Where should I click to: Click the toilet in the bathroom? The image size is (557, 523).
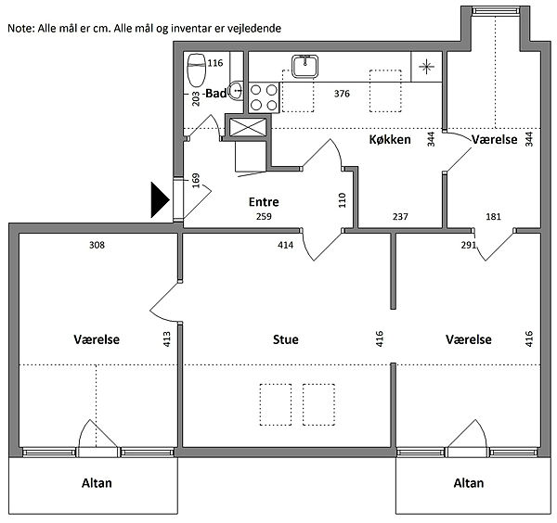(197, 70)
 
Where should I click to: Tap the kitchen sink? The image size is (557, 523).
(304, 67)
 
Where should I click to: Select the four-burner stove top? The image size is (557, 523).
(264, 97)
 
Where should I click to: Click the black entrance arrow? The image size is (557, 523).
(161, 199)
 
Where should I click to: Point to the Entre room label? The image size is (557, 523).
(264, 202)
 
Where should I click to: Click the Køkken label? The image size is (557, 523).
(390, 139)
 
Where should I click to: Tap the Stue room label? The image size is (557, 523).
(286, 339)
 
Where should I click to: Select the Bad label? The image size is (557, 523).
(216, 94)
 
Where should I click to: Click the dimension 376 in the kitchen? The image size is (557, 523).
(342, 94)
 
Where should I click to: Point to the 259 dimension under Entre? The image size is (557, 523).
(264, 216)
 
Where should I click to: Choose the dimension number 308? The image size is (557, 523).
(97, 245)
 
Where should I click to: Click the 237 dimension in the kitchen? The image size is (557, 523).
(400, 216)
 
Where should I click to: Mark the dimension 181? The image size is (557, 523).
(493, 216)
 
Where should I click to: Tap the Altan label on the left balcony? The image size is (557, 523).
(97, 483)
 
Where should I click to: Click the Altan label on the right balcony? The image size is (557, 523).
(469, 483)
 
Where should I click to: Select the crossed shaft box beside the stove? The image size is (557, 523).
(248, 127)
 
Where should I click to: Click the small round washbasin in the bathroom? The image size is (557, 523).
(236, 91)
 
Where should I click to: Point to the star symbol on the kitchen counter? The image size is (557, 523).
(426, 67)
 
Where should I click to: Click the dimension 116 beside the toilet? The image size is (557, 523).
(215, 63)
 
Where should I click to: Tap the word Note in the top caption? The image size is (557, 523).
(20, 29)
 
